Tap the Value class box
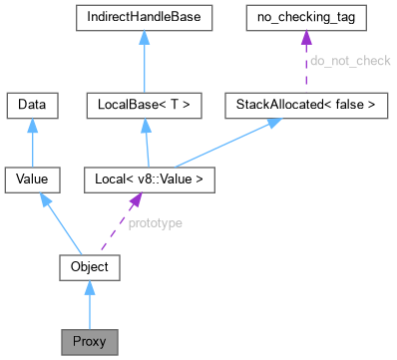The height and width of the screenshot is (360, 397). pos(33,180)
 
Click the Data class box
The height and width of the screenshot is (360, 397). pos(33,103)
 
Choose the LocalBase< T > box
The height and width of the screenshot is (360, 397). pos(145,103)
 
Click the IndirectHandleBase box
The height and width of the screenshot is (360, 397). pos(145,17)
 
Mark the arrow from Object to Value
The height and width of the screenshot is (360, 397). pos(60,221)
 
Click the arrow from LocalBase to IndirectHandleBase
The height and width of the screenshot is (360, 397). pos(145,60)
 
